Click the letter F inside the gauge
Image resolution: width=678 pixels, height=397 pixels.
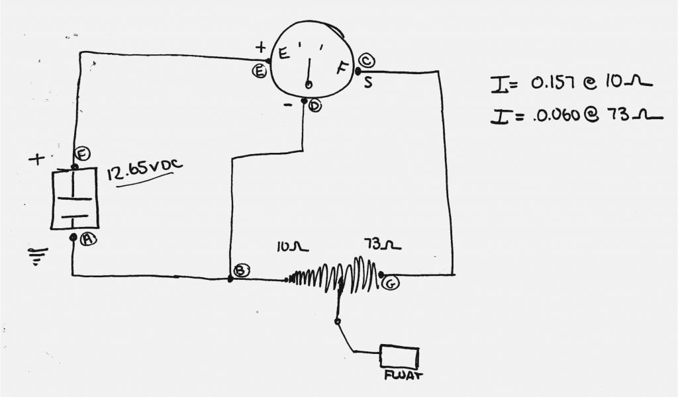[342, 68]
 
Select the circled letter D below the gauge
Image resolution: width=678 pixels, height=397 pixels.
[315, 106]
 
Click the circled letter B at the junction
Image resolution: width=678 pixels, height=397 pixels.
[241, 270]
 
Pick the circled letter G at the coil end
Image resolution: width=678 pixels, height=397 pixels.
[391, 283]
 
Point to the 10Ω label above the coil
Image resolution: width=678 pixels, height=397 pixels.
[292, 247]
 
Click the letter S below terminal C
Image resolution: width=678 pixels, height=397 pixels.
[367, 82]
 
